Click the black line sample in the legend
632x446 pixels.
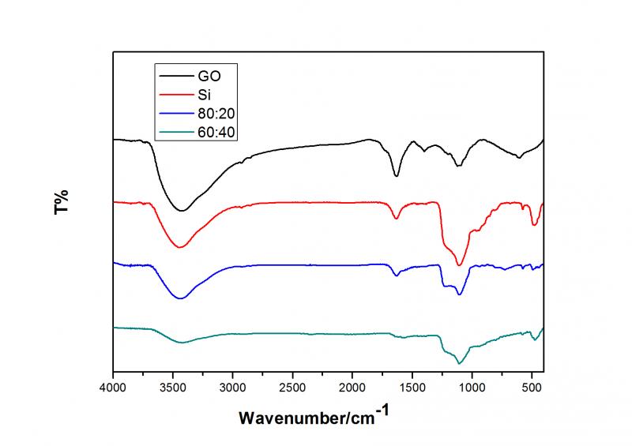pyautogui.click(x=176, y=77)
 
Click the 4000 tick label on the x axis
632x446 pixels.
pyautogui.click(x=114, y=388)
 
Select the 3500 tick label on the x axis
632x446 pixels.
pyautogui.click(x=174, y=388)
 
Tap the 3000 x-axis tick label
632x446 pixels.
pyautogui.click(x=233, y=388)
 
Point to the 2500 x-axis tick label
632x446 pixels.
pyautogui.click(x=293, y=388)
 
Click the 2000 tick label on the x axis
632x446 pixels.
pyautogui.click(x=352, y=388)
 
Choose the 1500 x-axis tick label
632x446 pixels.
pyautogui.click(x=412, y=388)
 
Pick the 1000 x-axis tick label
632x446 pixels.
pyautogui.click(x=472, y=388)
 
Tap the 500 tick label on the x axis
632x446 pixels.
pyautogui.click(x=532, y=388)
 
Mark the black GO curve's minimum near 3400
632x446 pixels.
pyautogui.click(x=182, y=211)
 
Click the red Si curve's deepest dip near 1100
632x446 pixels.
pyautogui.click(x=460, y=265)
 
